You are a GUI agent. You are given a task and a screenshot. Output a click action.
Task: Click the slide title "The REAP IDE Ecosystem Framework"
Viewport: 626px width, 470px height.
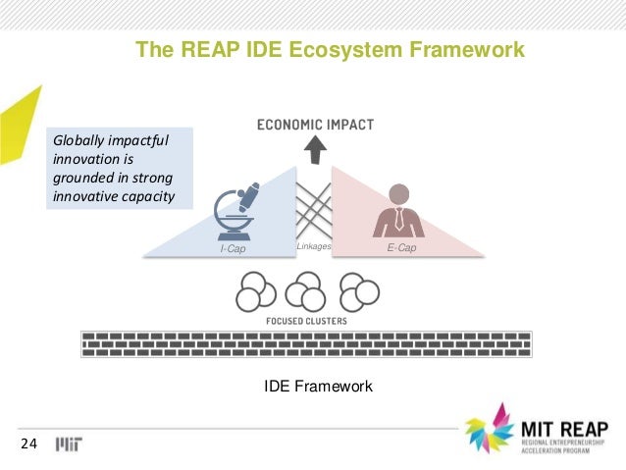[x=330, y=49]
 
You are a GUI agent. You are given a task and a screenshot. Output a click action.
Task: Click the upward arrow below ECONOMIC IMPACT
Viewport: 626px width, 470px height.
[x=315, y=150]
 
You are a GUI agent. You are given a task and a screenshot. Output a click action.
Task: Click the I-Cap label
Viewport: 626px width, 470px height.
[x=233, y=249]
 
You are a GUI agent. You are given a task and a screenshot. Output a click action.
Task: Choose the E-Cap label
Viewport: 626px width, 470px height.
[x=401, y=248]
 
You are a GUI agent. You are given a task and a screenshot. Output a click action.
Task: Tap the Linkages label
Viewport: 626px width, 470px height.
[x=314, y=246]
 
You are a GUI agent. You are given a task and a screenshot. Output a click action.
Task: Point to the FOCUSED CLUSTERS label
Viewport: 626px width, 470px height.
[x=306, y=321]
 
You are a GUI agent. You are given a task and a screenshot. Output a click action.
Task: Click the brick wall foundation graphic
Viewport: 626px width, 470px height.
[x=306, y=343]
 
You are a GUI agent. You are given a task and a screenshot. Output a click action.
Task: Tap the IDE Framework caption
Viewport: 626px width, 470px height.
[x=319, y=388]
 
